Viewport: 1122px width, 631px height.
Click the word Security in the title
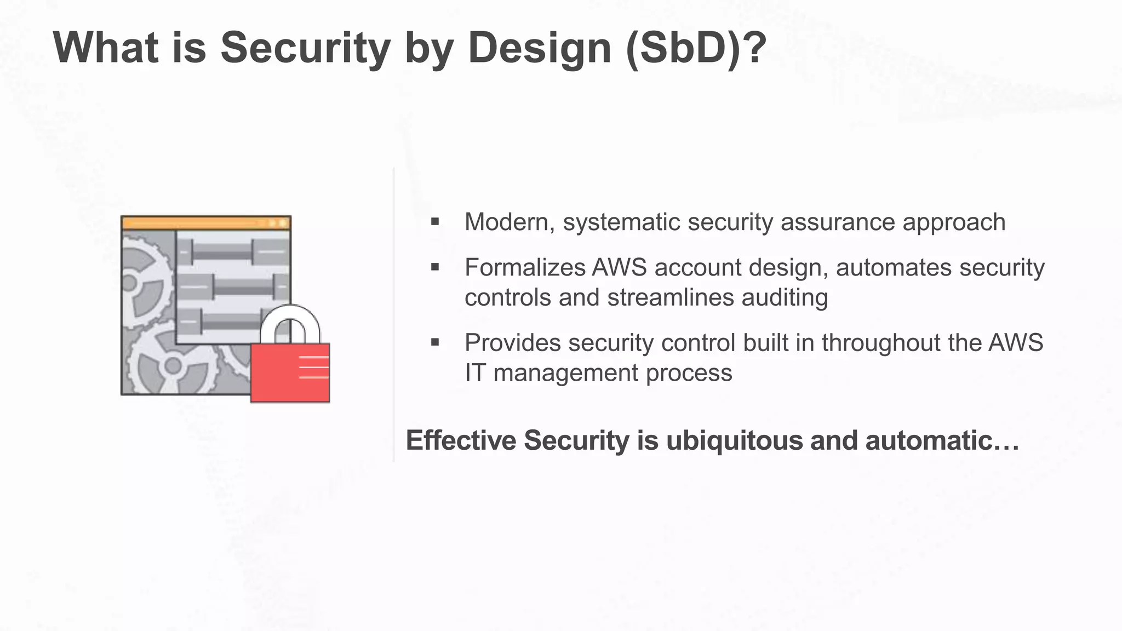(x=305, y=48)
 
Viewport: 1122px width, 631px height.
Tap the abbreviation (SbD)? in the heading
(x=695, y=48)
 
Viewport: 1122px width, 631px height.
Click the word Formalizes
(x=525, y=268)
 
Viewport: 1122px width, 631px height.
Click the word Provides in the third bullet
(x=513, y=343)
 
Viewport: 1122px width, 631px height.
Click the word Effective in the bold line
(x=461, y=440)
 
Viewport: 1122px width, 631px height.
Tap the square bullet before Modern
(x=435, y=222)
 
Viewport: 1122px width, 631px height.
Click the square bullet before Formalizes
(x=435, y=267)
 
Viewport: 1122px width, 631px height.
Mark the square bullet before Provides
(x=435, y=343)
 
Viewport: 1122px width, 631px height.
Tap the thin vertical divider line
(x=394, y=315)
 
